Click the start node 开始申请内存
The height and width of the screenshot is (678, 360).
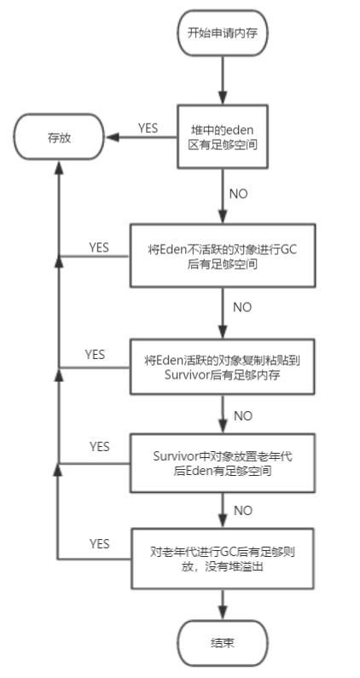[221, 34]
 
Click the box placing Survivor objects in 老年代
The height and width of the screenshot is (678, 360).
[221, 462]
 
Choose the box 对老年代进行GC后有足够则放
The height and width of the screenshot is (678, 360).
[221, 557]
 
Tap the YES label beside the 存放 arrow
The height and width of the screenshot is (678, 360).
[149, 128]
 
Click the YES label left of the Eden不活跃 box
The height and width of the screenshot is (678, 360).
[100, 247]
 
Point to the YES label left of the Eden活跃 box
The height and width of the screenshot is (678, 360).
[96, 353]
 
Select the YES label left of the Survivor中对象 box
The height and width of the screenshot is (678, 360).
[100, 446]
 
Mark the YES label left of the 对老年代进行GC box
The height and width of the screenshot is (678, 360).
[100, 543]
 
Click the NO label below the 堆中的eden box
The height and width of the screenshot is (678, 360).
[240, 193]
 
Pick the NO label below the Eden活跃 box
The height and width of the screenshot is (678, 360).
[242, 416]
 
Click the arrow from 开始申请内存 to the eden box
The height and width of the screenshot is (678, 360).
[221, 80]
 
